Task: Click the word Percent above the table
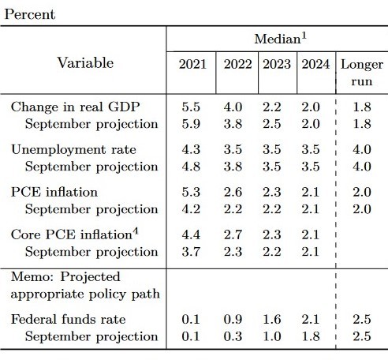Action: tap(30, 14)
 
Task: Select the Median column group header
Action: tap(280, 39)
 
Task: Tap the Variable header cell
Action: tap(85, 63)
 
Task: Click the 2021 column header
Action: tap(192, 64)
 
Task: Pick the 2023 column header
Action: tap(277, 64)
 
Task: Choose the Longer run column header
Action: tap(362, 73)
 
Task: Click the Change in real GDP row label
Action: tap(75, 107)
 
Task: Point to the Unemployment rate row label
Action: tap(73, 149)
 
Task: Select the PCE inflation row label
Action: tap(54, 192)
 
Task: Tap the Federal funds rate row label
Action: tap(69, 319)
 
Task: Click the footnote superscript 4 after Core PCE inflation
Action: tap(136, 231)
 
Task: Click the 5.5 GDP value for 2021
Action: tap(191, 107)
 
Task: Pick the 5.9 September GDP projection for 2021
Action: tap(191, 124)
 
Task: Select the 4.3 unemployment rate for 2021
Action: tap(191, 149)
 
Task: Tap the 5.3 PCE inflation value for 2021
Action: tap(191, 192)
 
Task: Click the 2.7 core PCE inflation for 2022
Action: tap(233, 234)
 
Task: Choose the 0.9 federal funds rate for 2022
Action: tap(233, 319)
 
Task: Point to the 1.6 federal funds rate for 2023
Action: tap(272, 319)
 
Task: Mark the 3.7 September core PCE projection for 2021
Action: tap(191, 252)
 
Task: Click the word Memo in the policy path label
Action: tap(32, 276)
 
